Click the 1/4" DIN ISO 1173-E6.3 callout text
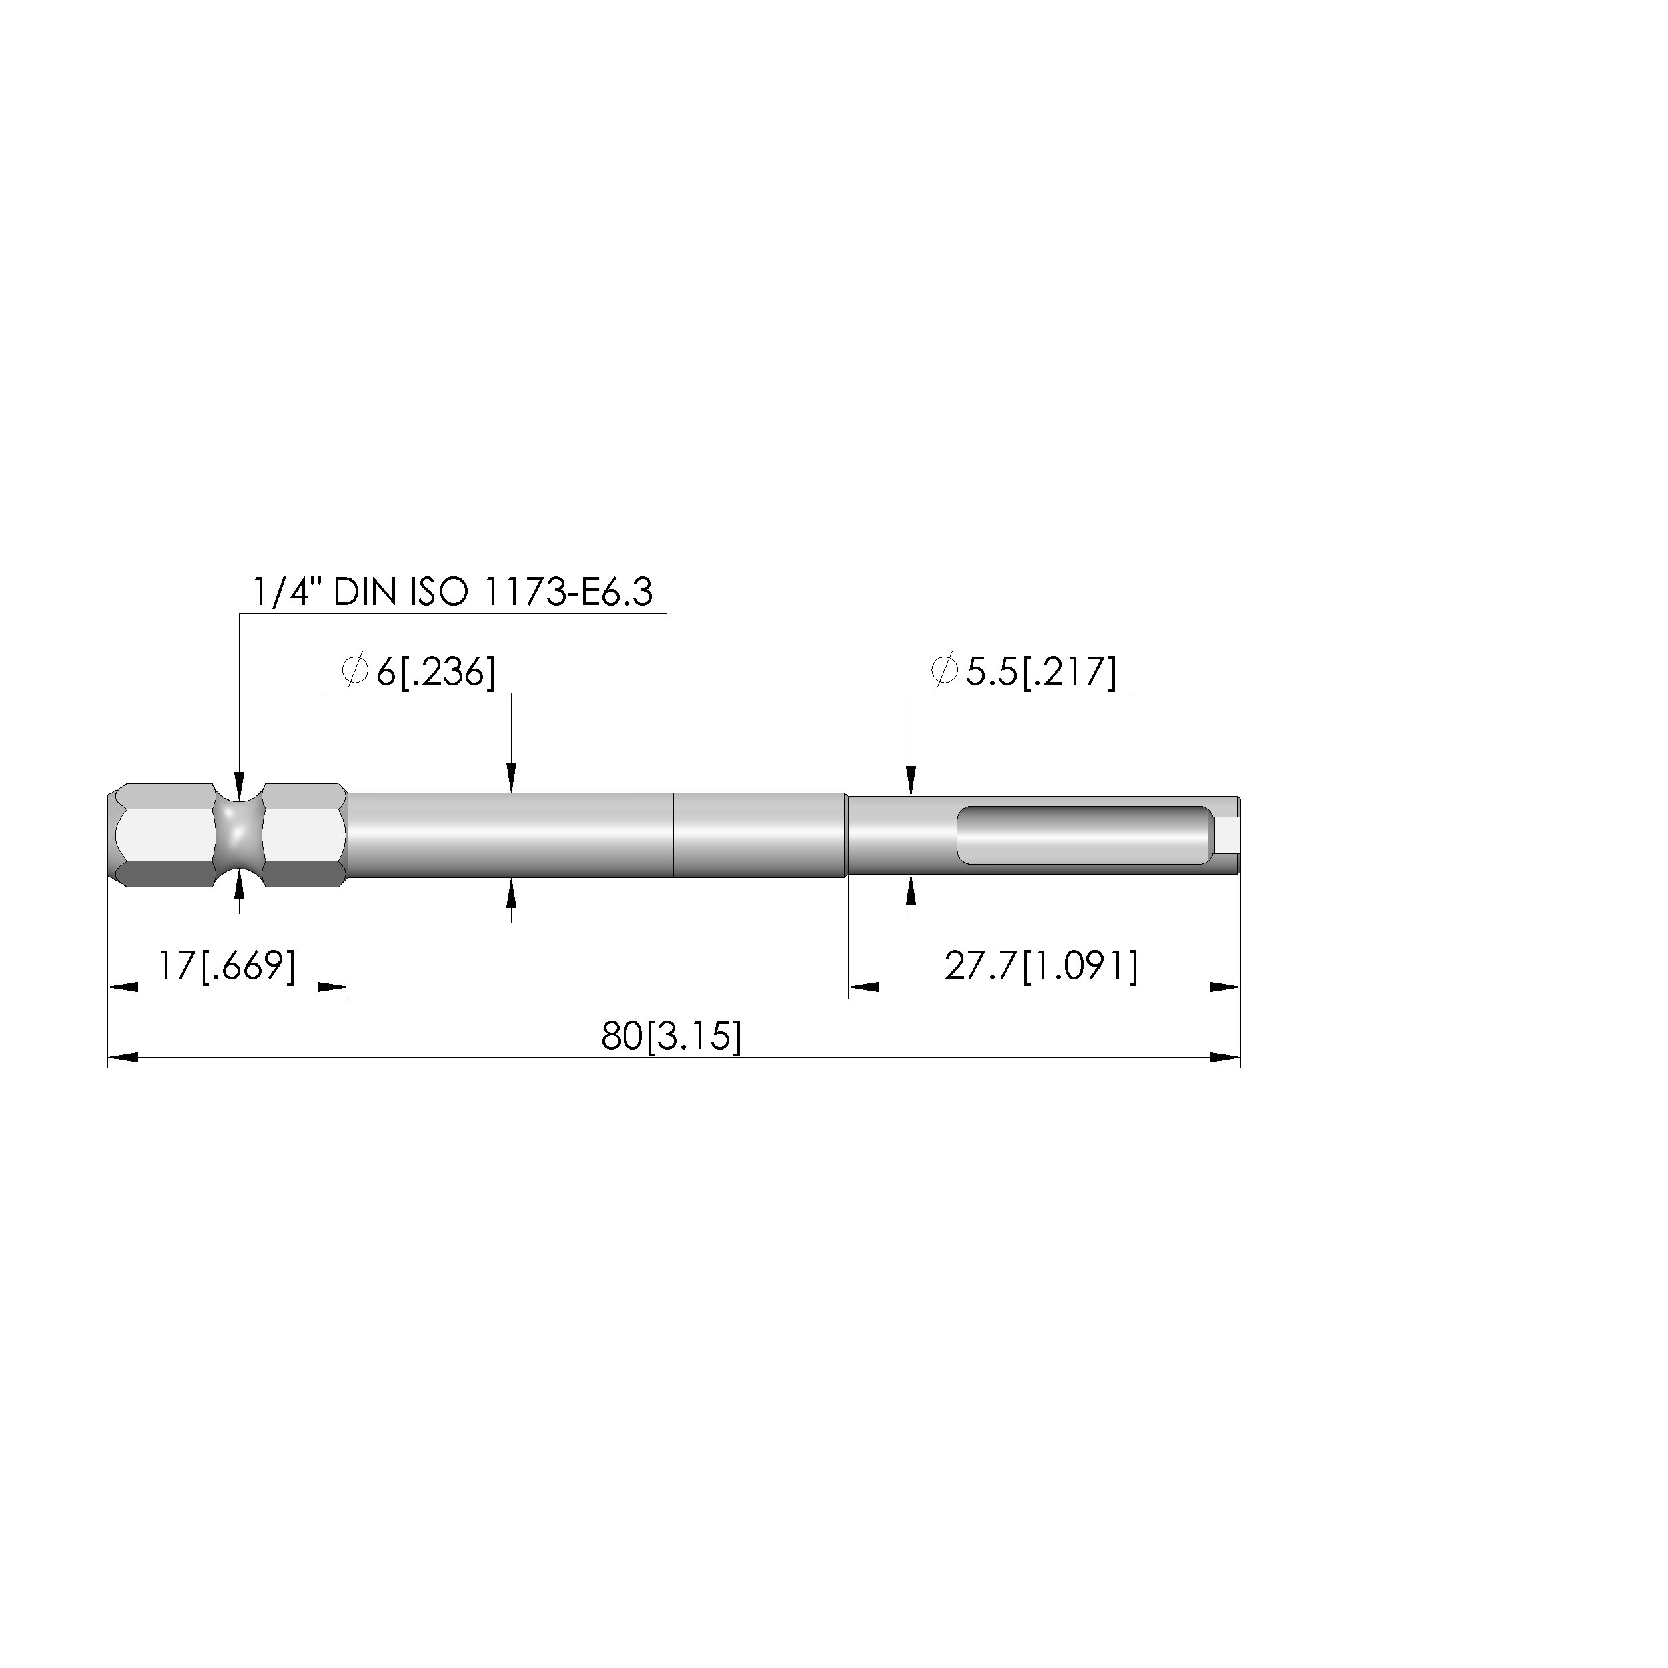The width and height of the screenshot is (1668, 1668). coord(452,593)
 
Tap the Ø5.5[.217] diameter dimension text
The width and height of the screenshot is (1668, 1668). coord(1024,671)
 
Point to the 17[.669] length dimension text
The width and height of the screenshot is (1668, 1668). coord(226,965)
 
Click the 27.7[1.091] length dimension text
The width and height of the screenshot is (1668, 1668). coord(1041,965)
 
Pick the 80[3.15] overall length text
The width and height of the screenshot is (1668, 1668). coord(671,1036)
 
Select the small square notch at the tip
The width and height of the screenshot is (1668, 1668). coord(1227,835)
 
